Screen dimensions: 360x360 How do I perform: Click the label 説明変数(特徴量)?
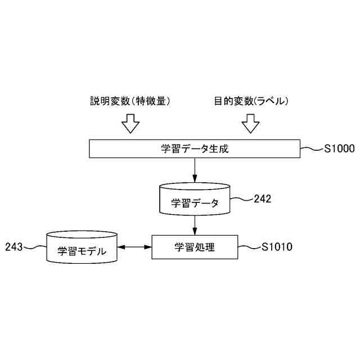tap(130, 101)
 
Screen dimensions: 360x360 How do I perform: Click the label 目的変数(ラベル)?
tap(251, 101)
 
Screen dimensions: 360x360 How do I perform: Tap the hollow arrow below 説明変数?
tap(130, 123)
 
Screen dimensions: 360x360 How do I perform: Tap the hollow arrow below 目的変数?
tap(250, 123)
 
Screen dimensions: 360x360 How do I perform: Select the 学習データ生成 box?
tap(112, 149)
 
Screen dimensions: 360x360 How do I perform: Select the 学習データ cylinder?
tap(195, 200)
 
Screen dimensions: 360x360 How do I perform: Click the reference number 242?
tap(263, 199)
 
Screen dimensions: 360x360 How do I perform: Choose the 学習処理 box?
tap(195, 247)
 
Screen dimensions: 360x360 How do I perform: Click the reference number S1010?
tap(277, 247)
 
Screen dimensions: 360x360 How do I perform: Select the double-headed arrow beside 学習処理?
tap(135, 247)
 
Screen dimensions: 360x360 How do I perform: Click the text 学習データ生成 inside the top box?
tap(195, 149)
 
